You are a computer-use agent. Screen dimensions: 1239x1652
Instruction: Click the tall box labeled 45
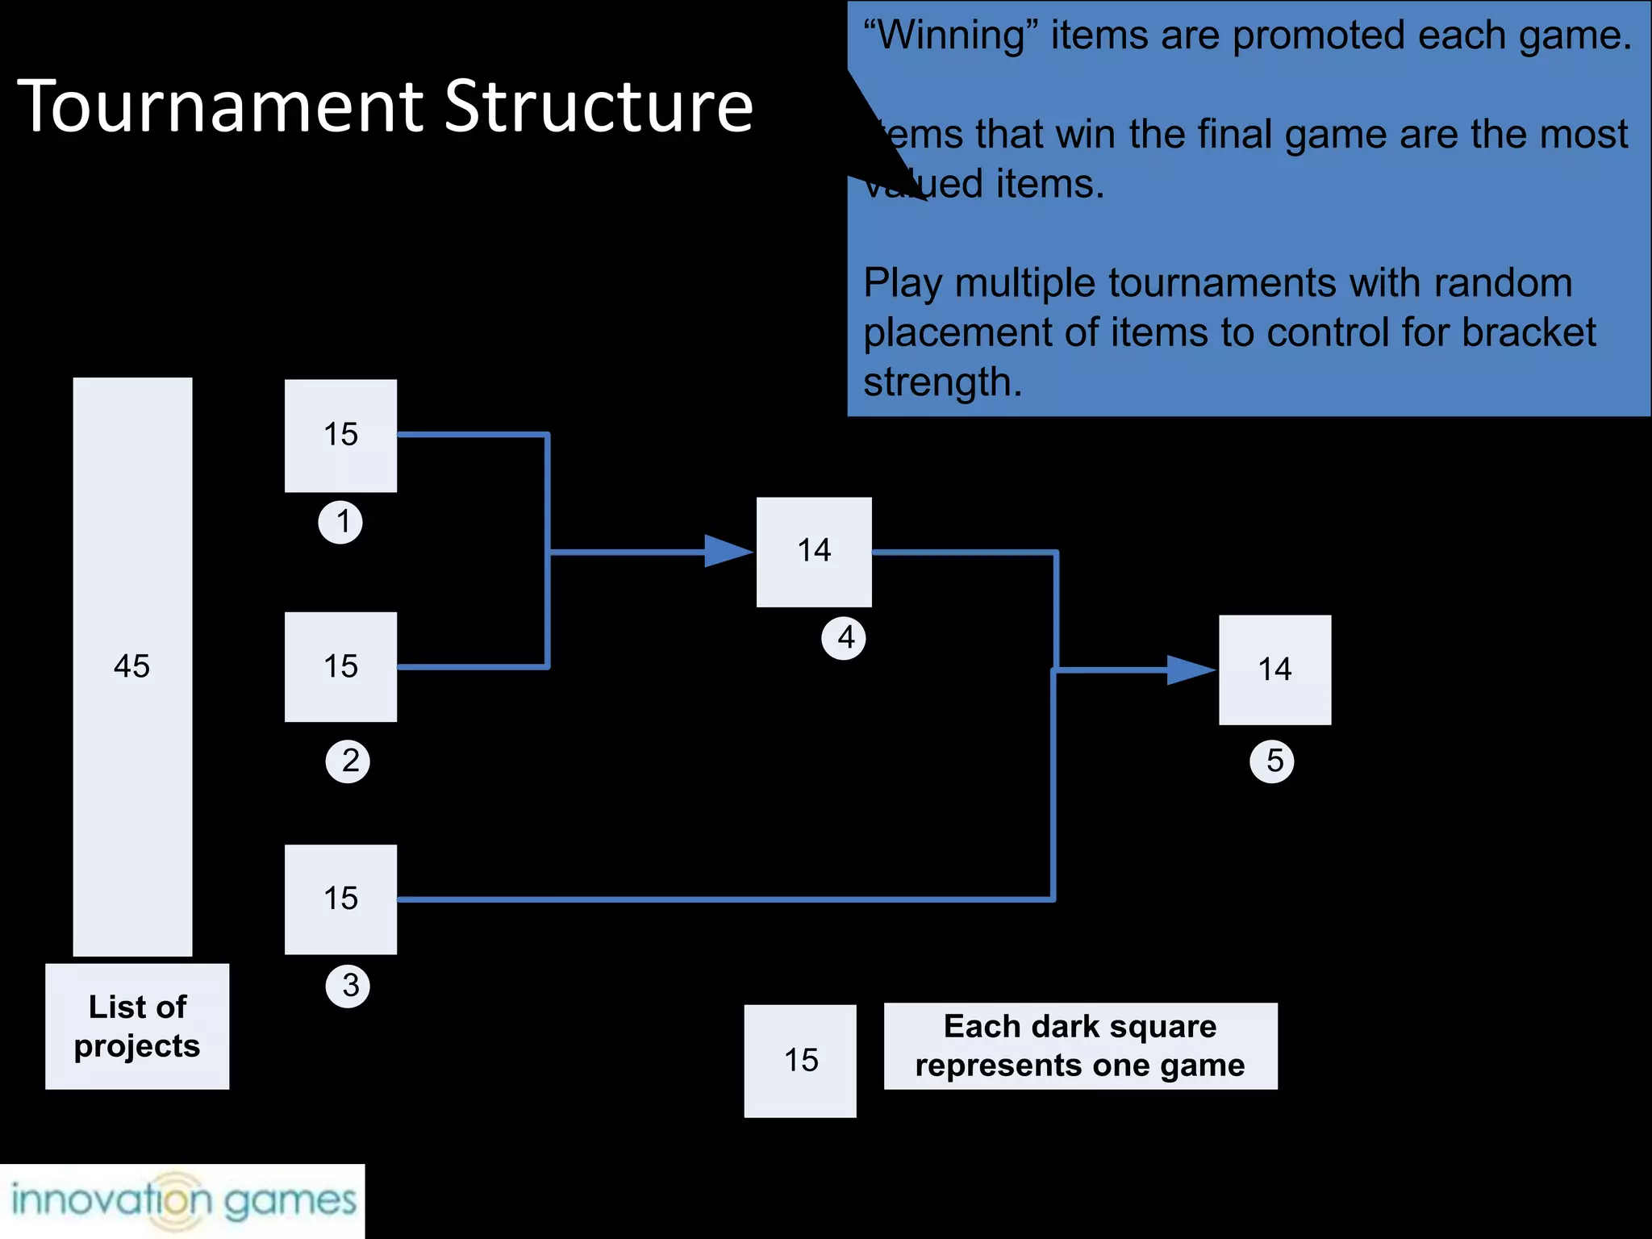[132, 666]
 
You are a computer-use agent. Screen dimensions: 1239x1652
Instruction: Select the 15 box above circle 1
[340, 436]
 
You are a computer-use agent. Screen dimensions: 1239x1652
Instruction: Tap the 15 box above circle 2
[340, 667]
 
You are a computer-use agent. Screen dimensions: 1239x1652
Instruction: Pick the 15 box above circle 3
[340, 899]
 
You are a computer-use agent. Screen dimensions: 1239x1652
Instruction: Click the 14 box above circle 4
[814, 552]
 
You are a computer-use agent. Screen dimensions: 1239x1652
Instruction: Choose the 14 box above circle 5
[1274, 670]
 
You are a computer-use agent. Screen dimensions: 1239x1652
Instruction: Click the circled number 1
[340, 522]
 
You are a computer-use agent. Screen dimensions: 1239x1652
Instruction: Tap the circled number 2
[348, 761]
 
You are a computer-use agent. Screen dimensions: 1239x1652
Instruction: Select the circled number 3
[348, 986]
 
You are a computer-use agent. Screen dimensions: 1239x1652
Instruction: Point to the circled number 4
[844, 638]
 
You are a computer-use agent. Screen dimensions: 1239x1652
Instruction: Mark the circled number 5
[1272, 761]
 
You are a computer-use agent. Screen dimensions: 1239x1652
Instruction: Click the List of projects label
[137, 1026]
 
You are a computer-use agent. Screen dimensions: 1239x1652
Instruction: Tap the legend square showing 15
[800, 1061]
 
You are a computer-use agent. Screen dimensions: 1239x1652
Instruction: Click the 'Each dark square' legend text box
[1080, 1046]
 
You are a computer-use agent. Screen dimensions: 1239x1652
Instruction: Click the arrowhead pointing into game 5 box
[1190, 670]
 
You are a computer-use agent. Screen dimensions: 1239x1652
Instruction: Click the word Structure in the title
[599, 106]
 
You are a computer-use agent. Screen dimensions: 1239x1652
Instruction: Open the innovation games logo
[182, 1200]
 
